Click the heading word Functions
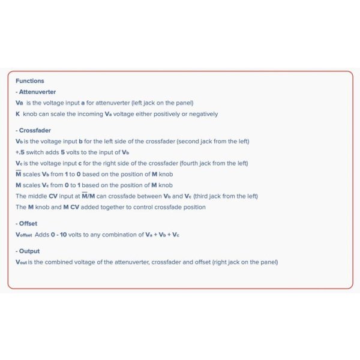click(x=29, y=81)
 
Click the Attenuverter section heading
click(x=37, y=92)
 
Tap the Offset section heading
click(x=29, y=224)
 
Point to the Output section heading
click(x=30, y=251)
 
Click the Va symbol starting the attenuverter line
click(x=19, y=103)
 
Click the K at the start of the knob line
click(x=18, y=114)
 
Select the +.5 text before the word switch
click(x=20, y=152)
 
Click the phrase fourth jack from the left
click(x=233, y=163)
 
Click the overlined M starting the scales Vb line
click(x=18, y=174)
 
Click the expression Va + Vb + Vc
click(x=161, y=235)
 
